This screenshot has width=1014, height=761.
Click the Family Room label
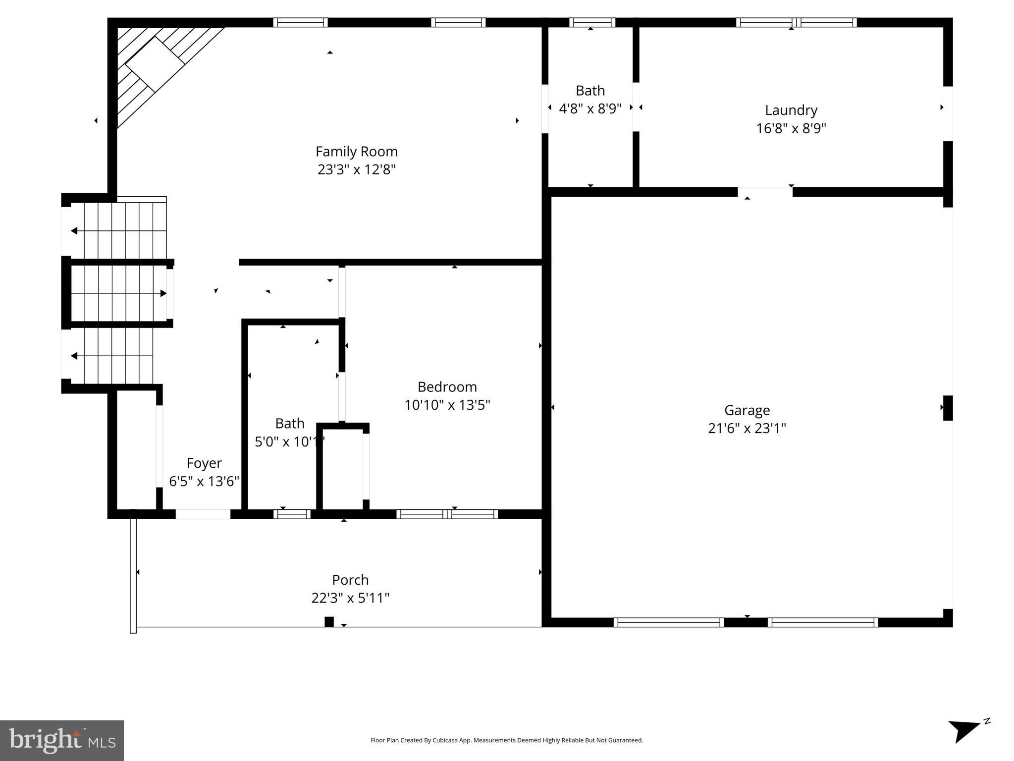pos(356,151)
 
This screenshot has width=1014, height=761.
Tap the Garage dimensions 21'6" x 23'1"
pos(747,428)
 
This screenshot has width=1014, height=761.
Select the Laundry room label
pos(791,110)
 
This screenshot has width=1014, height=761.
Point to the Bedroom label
pos(447,386)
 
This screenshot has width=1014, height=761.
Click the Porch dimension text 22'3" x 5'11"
pos(350,598)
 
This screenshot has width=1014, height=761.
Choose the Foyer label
pos(204,463)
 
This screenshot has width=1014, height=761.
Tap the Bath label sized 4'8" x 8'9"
pos(590,91)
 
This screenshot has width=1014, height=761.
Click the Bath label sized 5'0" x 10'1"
pos(290,423)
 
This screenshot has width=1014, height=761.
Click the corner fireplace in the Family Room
pos(155,64)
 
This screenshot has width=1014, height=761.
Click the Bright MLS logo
pos(61,740)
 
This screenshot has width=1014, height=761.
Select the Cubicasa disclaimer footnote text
pos(506,740)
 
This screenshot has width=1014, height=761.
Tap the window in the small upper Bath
pos(592,22)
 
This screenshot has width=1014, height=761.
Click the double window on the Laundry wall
pos(796,22)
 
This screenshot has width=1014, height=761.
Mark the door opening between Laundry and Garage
pos(765,192)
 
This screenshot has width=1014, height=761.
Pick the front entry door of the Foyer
pos(203,514)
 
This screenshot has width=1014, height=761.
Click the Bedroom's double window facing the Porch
pos(447,514)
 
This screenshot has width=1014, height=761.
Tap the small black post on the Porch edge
pos(329,622)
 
